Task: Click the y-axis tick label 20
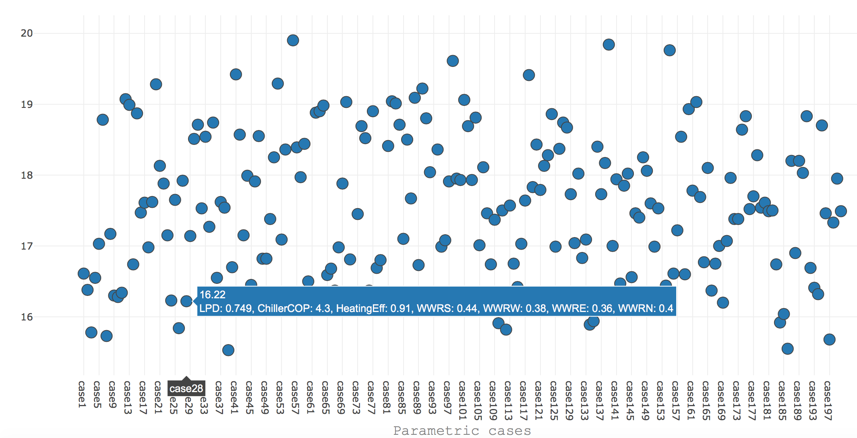tap(27, 33)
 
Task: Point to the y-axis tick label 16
tap(27, 317)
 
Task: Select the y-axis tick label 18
tap(27, 175)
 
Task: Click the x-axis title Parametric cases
tap(462, 431)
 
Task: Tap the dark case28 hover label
tap(186, 388)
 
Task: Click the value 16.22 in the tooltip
tap(213, 295)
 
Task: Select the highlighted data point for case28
tap(186, 301)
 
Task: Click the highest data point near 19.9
tap(293, 40)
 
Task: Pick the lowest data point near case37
tap(228, 350)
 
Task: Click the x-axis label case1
tap(82, 395)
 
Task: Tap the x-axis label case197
tap(828, 401)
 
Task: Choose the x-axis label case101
tap(462, 401)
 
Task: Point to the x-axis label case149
tap(645, 401)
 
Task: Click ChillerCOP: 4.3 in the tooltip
tap(294, 308)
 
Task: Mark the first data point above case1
tap(84, 274)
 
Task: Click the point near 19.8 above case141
tap(609, 45)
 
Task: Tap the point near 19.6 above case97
tap(453, 61)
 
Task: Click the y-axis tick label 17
tap(27, 246)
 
